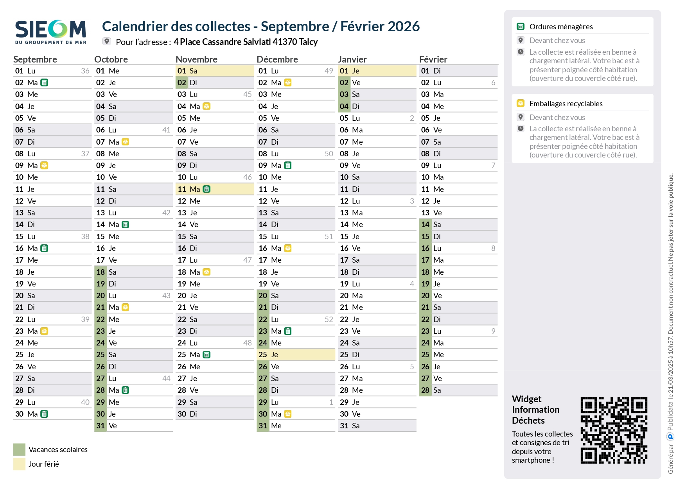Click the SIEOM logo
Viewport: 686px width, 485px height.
point(50,32)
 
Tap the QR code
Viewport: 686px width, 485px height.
point(614,430)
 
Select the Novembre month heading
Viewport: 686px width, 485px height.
point(196,59)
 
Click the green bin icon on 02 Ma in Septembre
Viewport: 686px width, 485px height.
point(45,82)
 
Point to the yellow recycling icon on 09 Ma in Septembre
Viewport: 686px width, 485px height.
point(45,165)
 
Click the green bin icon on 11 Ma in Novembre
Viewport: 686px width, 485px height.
point(207,189)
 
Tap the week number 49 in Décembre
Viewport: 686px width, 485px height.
point(329,71)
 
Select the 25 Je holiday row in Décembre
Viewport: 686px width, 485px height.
point(296,354)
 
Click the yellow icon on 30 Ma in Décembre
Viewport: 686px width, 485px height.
point(288,414)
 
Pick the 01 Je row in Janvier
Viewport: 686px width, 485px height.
point(377,71)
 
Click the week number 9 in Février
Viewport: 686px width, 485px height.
point(493,331)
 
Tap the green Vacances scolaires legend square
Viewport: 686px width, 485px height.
point(19,449)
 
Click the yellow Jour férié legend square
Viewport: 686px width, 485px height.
point(19,464)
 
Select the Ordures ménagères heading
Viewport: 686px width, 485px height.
point(561,27)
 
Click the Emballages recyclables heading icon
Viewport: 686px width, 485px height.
point(520,103)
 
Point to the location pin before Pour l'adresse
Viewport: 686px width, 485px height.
point(106,41)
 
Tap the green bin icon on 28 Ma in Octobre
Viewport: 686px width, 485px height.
point(126,390)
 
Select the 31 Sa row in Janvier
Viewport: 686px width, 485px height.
point(377,426)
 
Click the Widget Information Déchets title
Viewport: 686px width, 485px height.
point(535,410)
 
